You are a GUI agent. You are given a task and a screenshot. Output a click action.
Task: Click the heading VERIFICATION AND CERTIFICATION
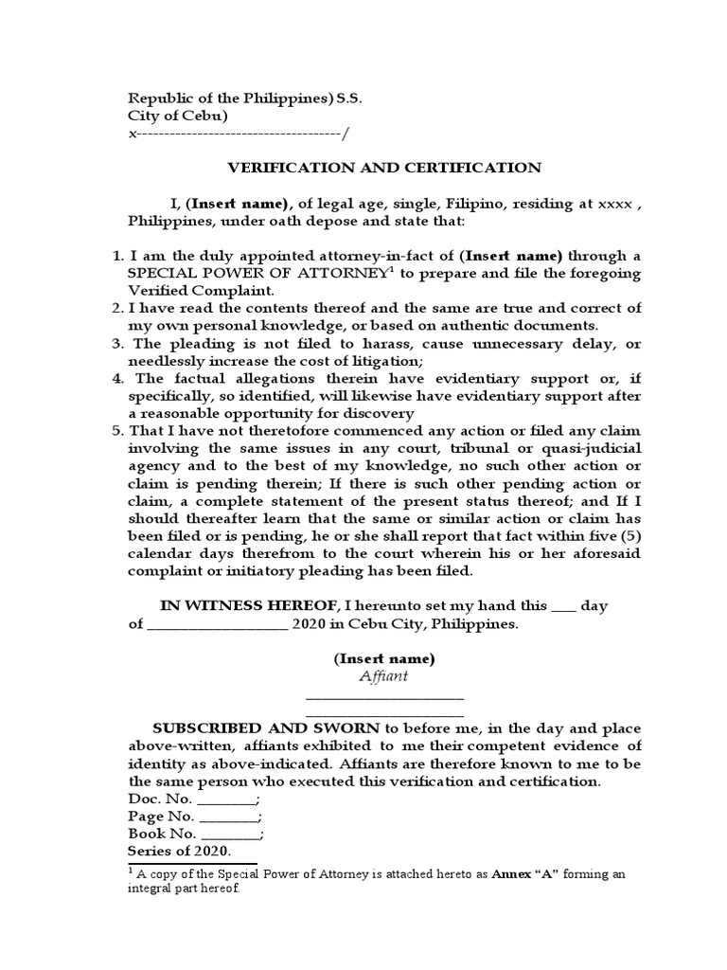(384, 168)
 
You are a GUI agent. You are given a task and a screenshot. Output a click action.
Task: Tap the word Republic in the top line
(158, 98)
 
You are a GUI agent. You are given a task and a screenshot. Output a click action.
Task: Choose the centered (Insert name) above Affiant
(383, 658)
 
